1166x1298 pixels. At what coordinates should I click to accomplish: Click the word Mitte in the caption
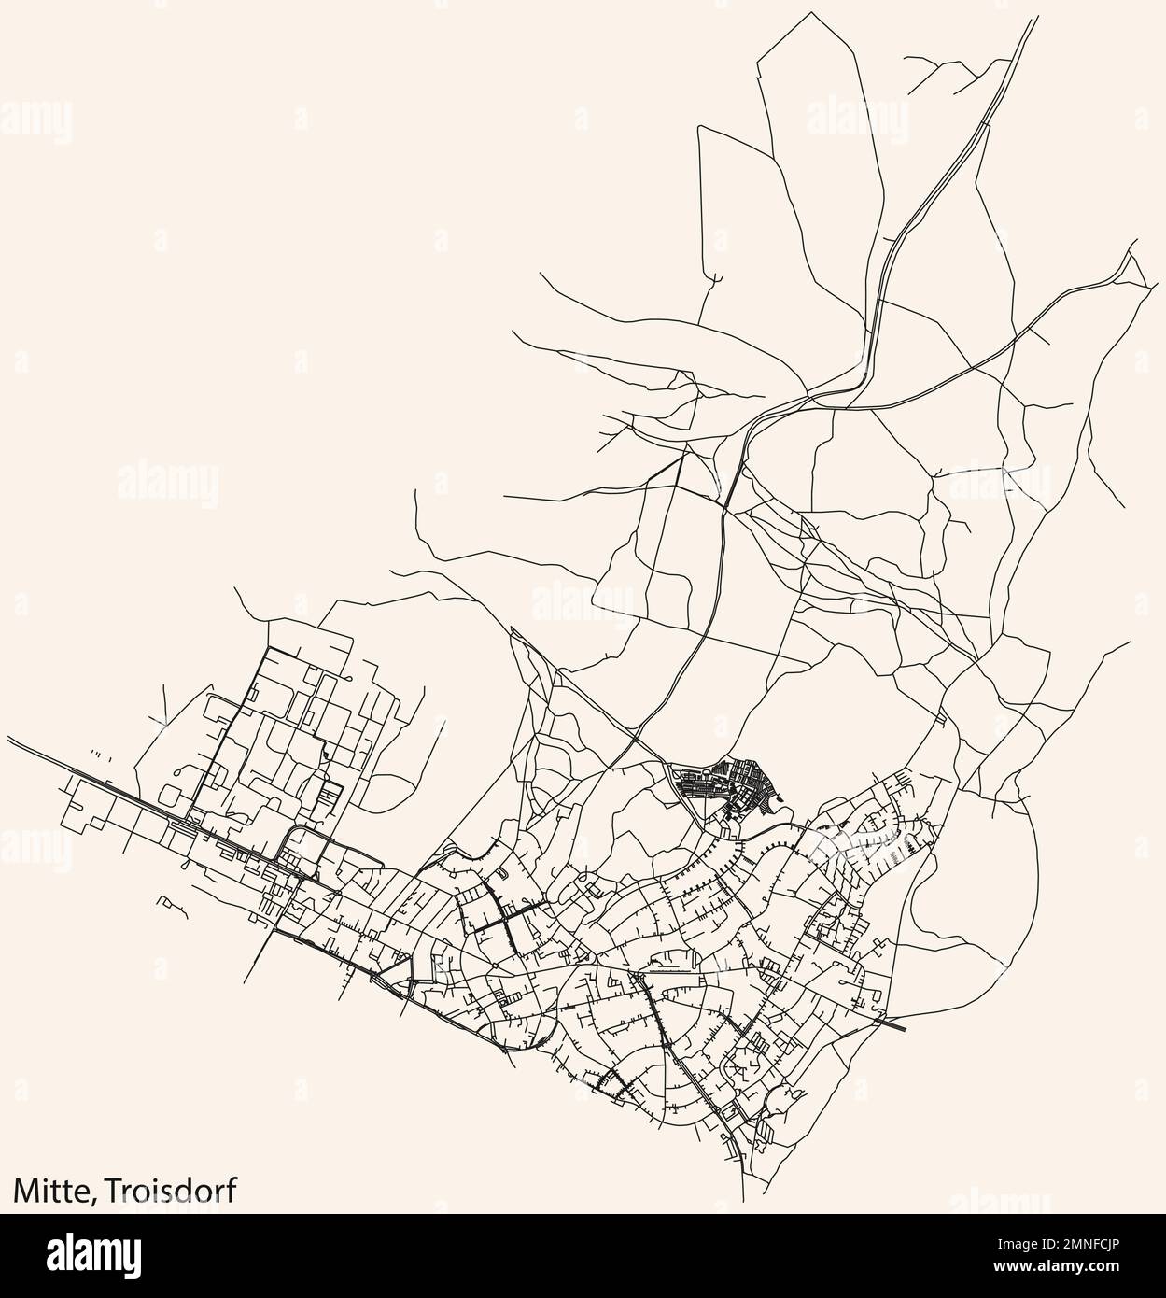pyautogui.click(x=49, y=1189)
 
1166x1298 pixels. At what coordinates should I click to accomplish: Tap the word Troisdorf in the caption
pyautogui.click(x=170, y=1189)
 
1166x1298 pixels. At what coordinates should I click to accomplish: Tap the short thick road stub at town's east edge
pyautogui.click(x=893, y=1024)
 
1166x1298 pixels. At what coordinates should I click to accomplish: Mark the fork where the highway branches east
pyautogui.click(x=860, y=383)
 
